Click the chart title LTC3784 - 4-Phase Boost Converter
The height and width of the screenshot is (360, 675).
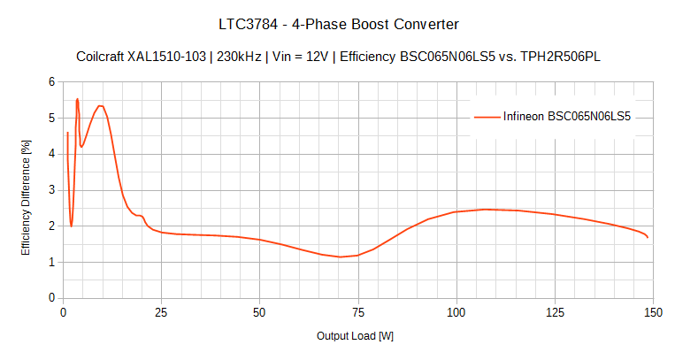click(x=337, y=24)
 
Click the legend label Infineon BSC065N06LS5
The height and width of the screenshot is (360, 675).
click(x=566, y=116)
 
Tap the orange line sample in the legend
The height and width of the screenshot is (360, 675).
click(x=487, y=116)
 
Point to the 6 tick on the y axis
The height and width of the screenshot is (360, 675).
click(x=50, y=81)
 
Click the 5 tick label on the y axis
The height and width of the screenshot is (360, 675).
click(x=50, y=118)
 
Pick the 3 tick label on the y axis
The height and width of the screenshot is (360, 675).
click(x=50, y=190)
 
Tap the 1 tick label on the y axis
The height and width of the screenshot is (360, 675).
click(x=50, y=263)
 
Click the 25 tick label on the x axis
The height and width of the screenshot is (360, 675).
click(x=161, y=312)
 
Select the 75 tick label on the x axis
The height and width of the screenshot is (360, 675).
click(x=358, y=312)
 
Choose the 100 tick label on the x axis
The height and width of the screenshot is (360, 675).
click(x=456, y=312)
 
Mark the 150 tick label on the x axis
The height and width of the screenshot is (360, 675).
click(x=653, y=312)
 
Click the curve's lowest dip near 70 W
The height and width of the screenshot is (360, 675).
click(x=340, y=257)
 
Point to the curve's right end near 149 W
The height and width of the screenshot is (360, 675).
click(x=648, y=237)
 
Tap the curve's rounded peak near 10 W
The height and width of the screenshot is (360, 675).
click(x=101, y=106)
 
